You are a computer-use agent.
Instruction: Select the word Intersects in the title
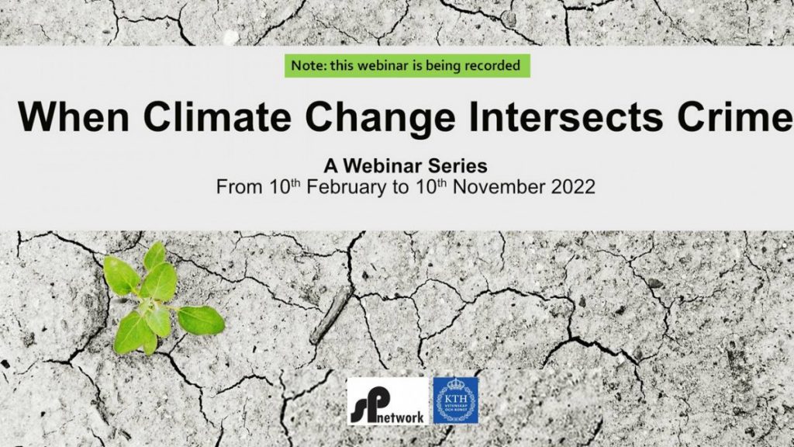click(x=566, y=116)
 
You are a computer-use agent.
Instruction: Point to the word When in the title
click(x=74, y=116)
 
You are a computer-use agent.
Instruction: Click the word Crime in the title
click(x=735, y=116)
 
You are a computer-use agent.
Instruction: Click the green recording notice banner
click(x=407, y=66)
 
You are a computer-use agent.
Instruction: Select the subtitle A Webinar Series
click(x=406, y=166)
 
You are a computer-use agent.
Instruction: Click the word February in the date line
click(x=346, y=187)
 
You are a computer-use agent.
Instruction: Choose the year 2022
click(x=573, y=187)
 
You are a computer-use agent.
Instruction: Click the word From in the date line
click(x=239, y=187)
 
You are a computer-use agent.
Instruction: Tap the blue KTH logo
click(x=456, y=400)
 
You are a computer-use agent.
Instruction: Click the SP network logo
click(x=388, y=401)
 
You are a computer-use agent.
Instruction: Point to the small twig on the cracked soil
click(x=330, y=315)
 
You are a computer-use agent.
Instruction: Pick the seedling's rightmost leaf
click(x=201, y=321)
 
